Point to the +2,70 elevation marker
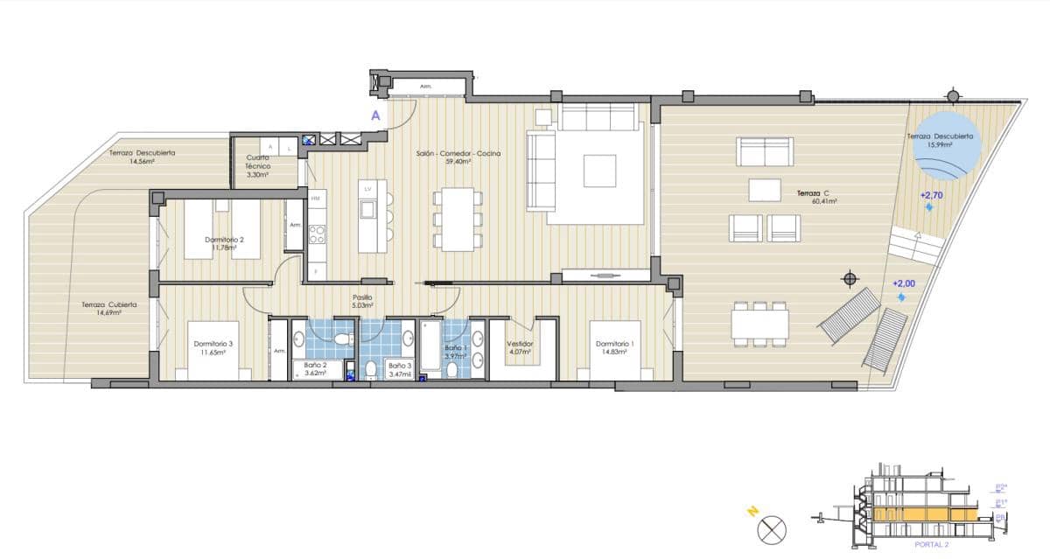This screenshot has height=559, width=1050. tap(930, 196)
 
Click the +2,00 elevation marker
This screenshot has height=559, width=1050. tap(903, 284)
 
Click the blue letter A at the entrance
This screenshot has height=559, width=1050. tap(375, 115)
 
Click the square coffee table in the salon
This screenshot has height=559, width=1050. tap(599, 170)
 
